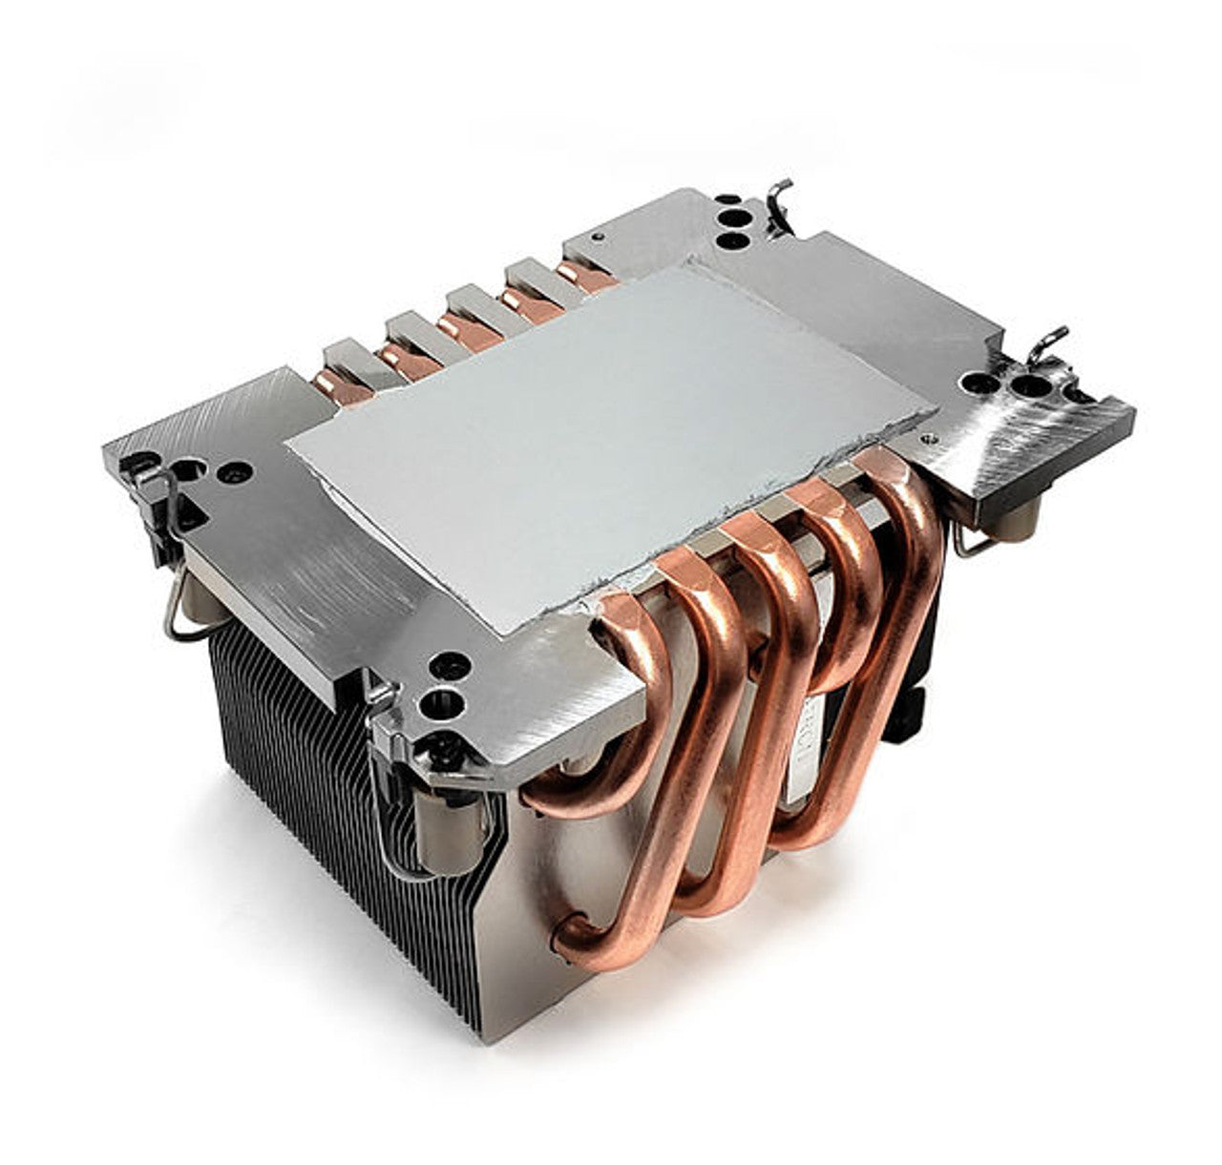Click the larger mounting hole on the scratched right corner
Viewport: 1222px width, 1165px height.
pos(1032,387)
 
